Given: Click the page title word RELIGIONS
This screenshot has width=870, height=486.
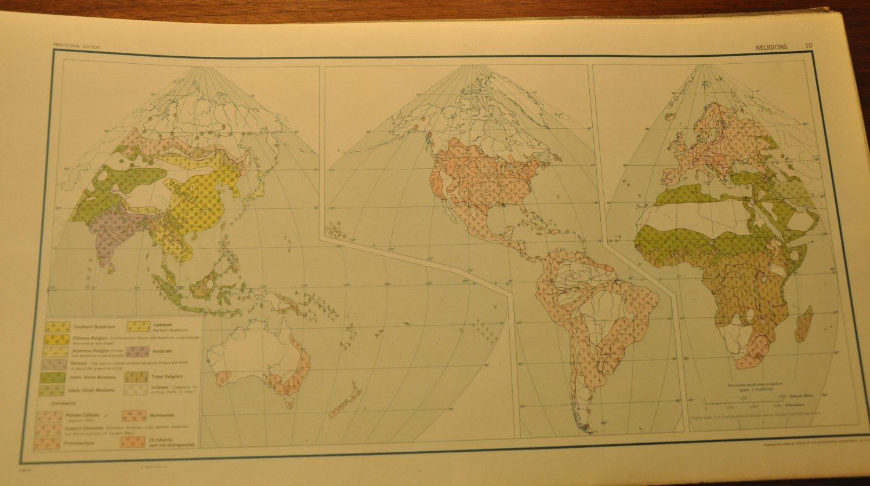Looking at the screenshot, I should [771, 47].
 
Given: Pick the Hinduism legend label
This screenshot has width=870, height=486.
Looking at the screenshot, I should [161, 350].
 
